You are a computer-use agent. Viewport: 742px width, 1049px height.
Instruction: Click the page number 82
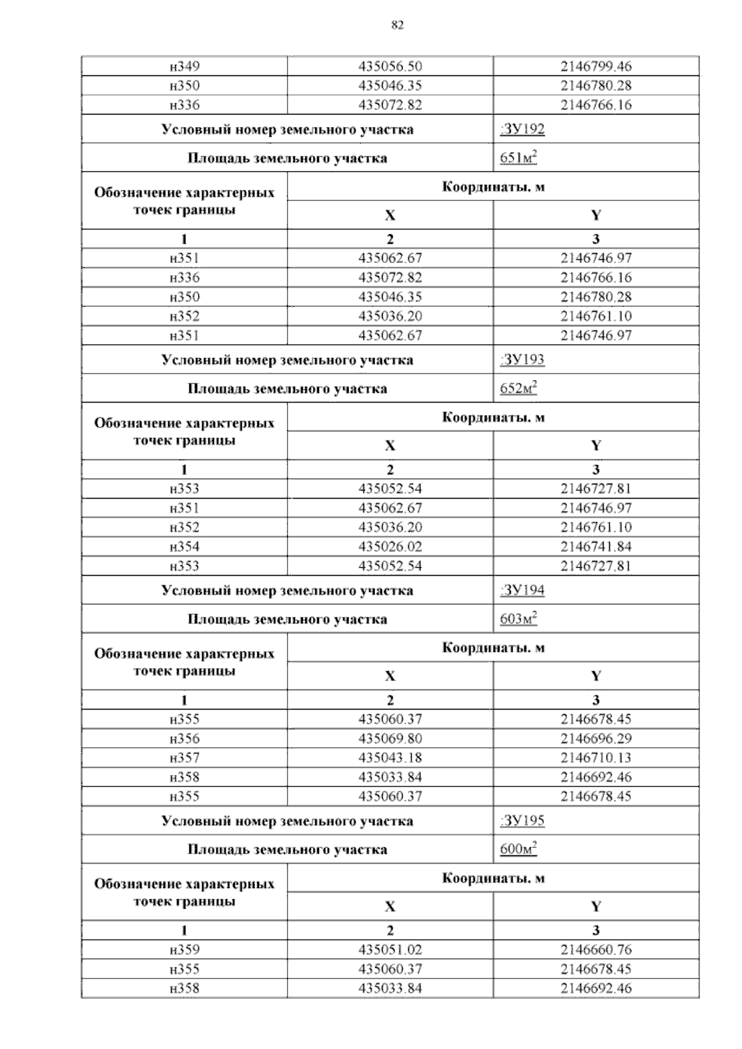click(398, 25)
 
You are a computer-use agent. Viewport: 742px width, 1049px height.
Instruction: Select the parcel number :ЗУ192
click(522, 129)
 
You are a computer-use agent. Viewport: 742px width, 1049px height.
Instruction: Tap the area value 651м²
click(518, 158)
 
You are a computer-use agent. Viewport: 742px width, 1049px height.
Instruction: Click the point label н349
click(184, 66)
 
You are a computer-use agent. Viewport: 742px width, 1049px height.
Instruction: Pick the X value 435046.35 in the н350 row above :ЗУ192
click(390, 85)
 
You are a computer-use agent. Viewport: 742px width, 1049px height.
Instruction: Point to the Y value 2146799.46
click(596, 66)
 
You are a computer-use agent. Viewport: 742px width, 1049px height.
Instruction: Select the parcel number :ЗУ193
click(522, 360)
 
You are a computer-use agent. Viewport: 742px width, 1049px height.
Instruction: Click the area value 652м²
click(518, 388)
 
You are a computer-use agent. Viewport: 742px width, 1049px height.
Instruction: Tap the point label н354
click(184, 546)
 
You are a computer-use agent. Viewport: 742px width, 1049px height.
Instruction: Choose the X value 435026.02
click(390, 546)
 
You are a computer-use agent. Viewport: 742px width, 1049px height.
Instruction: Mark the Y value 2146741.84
click(596, 546)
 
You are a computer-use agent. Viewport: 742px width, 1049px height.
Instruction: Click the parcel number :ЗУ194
click(522, 590)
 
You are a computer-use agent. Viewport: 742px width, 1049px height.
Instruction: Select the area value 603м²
click(518, 619)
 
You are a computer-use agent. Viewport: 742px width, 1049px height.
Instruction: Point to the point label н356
click(184, 739)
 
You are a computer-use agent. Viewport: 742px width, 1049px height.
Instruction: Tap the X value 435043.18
click(390, 758)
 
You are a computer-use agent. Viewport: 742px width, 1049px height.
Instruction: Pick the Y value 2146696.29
click(596, 739)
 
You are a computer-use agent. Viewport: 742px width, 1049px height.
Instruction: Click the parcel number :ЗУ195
click(522, 821)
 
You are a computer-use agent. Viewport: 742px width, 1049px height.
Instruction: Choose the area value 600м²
click(518, 849)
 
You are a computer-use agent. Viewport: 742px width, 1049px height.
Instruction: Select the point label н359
click(184, 949)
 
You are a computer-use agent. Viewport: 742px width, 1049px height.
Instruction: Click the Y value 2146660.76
click(596, 949)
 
